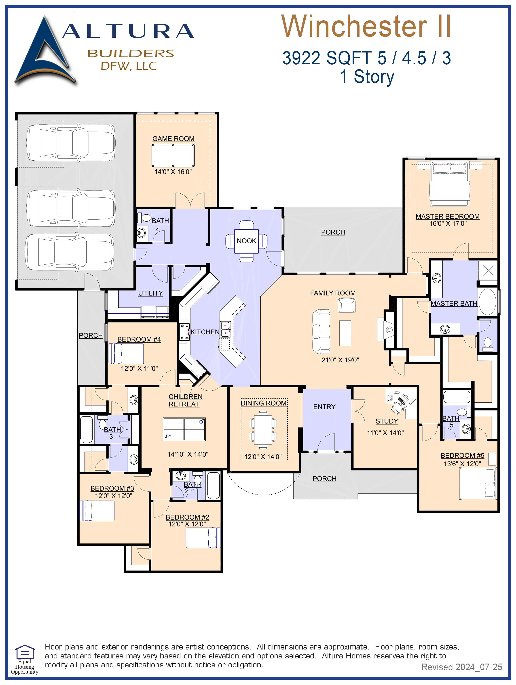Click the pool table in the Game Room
tap(173, 155)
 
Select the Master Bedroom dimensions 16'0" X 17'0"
tap(448, 224)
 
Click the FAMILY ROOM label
tap(333, 293)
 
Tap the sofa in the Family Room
tap(321, 331)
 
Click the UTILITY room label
tap(150, 293)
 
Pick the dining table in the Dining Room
tap(263, 429)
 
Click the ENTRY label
tap(324, 407)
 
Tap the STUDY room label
tap(387, 421)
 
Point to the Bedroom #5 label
tap(462, 456)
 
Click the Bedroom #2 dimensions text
tap(187, 524)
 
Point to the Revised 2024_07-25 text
tap(462, 667)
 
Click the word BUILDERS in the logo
tap(131, 54)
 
